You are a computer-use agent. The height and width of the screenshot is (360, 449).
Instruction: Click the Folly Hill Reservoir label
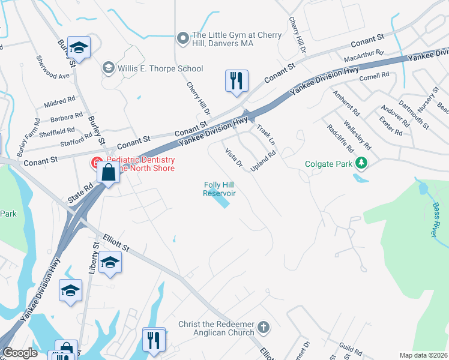coord(219,189)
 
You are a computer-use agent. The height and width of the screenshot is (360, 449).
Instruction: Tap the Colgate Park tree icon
coord(361,163)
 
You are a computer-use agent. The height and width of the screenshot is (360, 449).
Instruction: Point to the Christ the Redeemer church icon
coord(263,328)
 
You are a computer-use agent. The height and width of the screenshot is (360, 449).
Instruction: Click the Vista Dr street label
coord(233,157)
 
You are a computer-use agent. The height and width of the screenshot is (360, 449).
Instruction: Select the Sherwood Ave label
coord(53,67)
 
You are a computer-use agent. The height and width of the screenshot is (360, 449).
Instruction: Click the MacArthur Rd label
coord(364,56)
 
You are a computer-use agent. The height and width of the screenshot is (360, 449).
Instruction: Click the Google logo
coord(20,353)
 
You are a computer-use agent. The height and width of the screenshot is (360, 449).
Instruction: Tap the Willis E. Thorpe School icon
coord(109,66)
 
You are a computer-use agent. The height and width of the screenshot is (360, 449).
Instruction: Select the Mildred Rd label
coord(59,102)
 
